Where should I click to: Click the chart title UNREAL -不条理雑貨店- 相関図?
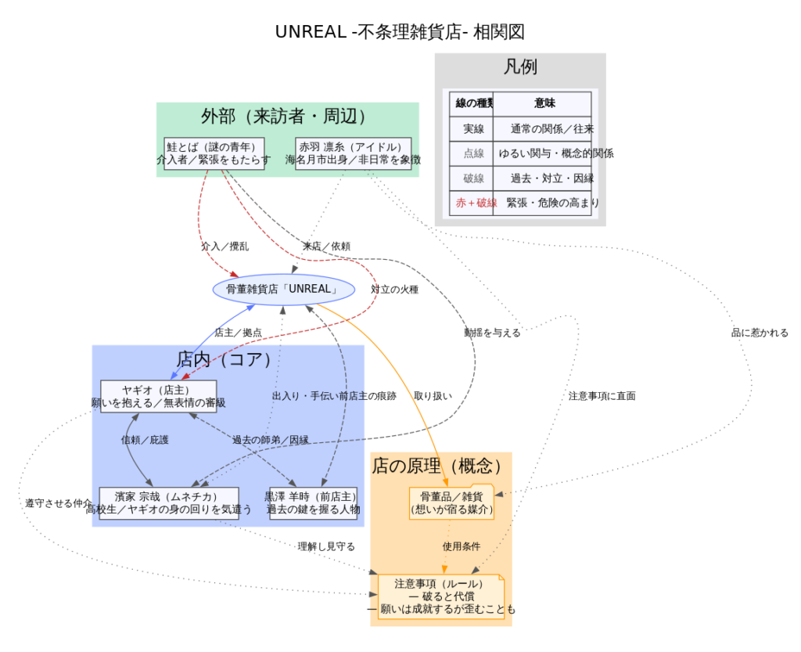(x=400, y=32)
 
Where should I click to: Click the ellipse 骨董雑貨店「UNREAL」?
(x=284, y=289)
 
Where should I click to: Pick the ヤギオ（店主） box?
(x=158, y=396)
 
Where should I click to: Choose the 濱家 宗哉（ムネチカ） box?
(x=169, y=503)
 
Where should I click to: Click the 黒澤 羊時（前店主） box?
(x=313, y=503)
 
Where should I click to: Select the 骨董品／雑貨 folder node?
(x=452, y=503)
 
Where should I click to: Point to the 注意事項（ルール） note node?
(x=440, y=596)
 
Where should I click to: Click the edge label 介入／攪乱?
(x=224, y=246)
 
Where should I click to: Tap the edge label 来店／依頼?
(x=326, y=246)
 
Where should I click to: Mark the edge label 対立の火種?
(x=394, y=290)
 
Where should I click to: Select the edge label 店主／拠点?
(x=238, y=333)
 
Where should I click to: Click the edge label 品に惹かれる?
(x=760, y=333)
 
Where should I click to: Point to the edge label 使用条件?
(x=462, y=546)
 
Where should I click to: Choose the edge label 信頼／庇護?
(x=145, y=440)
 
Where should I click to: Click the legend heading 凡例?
(x=520, y=67)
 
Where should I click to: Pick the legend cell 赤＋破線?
(x=472, y=203)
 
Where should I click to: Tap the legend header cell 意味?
(x=545, y=103)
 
